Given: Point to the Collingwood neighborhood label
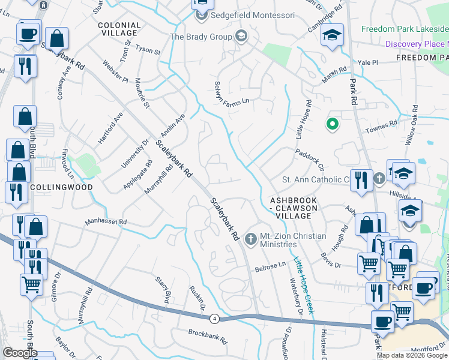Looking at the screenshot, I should [61, 187].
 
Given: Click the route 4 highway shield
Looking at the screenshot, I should [214, 318].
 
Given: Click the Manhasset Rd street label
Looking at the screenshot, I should [106, 222].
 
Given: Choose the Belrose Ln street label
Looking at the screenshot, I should [270, 265].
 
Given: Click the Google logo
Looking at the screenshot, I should [20, 353].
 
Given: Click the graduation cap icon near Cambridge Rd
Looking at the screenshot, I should [331, 35].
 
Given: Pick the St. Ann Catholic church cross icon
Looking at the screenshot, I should [379, 179].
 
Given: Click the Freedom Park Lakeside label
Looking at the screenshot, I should [404, 29].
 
